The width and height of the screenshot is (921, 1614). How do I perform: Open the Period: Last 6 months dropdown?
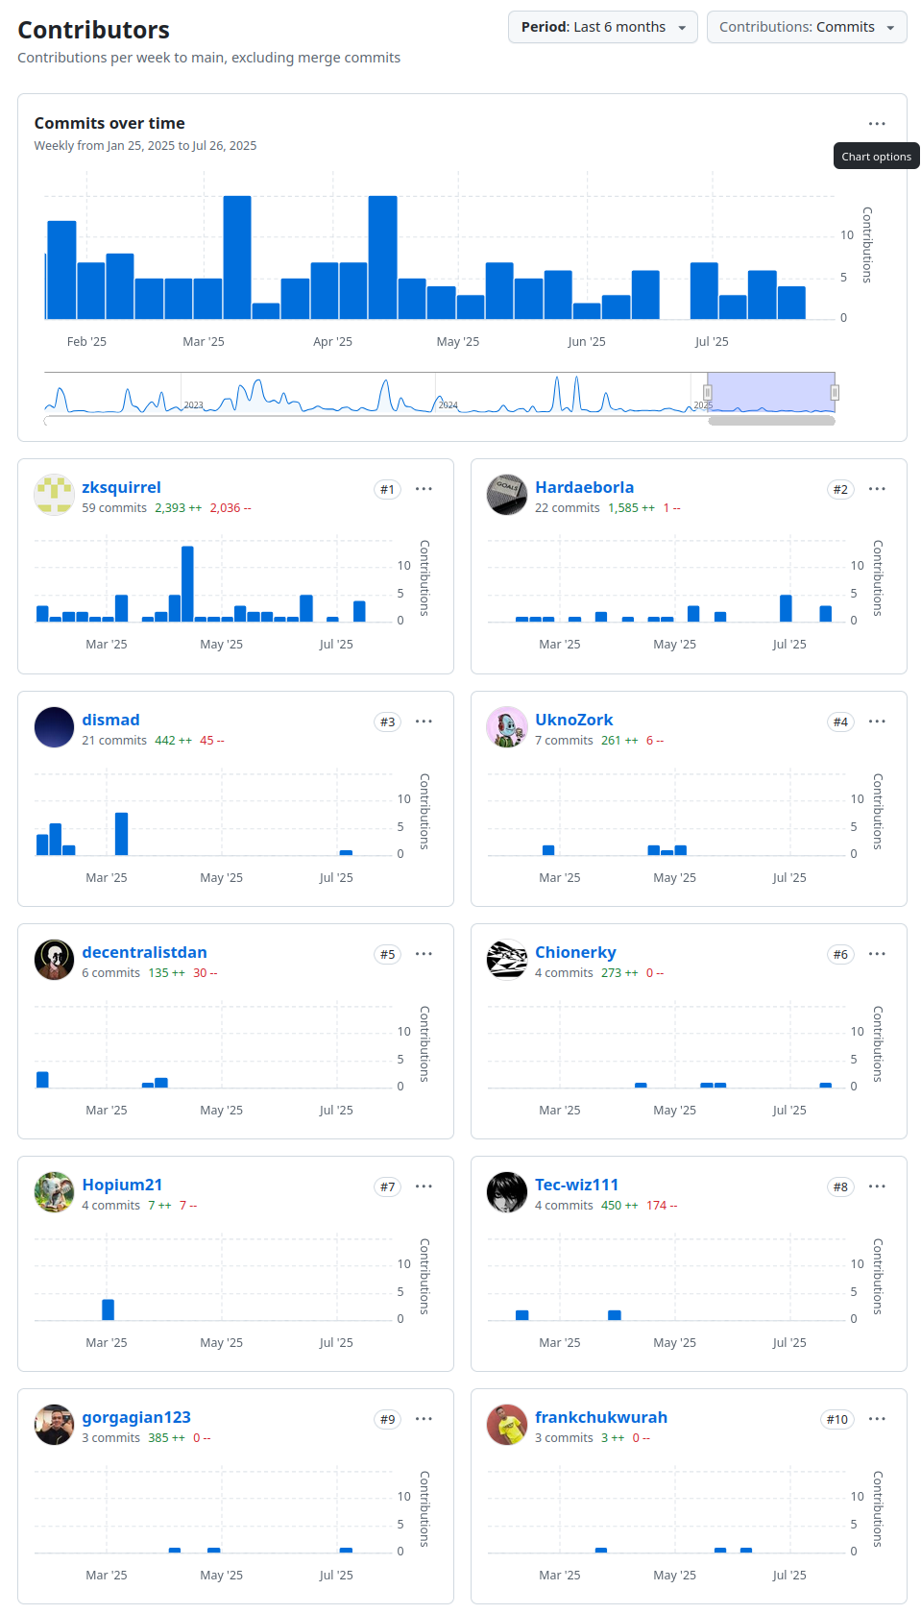point(602,27)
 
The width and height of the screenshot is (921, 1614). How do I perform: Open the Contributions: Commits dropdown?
point(806,27)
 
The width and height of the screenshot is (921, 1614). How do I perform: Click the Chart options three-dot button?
point(876,124)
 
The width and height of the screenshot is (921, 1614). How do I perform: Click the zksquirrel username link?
point(121,487)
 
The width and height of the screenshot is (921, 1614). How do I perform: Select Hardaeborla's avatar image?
point(507,495)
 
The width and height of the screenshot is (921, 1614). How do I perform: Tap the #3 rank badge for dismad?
point(387,721)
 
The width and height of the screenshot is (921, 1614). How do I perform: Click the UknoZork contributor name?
point(573,720)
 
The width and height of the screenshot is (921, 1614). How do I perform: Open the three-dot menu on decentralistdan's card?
point(424,954)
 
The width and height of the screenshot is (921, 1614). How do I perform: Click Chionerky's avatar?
point(507,960)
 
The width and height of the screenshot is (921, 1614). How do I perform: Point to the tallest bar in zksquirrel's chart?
point(187,582)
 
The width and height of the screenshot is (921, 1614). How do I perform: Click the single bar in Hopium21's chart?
point(108,1308)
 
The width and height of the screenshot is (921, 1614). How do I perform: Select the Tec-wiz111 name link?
point(576,1185)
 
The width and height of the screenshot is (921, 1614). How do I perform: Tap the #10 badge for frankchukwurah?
point(836,1419)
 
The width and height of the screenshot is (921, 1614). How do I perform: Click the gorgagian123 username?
point(136,1417)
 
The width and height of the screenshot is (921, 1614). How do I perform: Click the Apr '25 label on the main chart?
point(332,341)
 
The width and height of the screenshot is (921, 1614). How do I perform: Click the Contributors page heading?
point(93,30)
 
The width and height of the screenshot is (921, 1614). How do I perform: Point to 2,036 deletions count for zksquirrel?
point(226,508)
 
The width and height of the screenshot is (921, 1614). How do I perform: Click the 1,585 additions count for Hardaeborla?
point(623,508)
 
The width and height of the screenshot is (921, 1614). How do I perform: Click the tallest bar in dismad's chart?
point(121,833)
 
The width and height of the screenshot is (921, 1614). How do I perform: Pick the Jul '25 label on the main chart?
point(712,341)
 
